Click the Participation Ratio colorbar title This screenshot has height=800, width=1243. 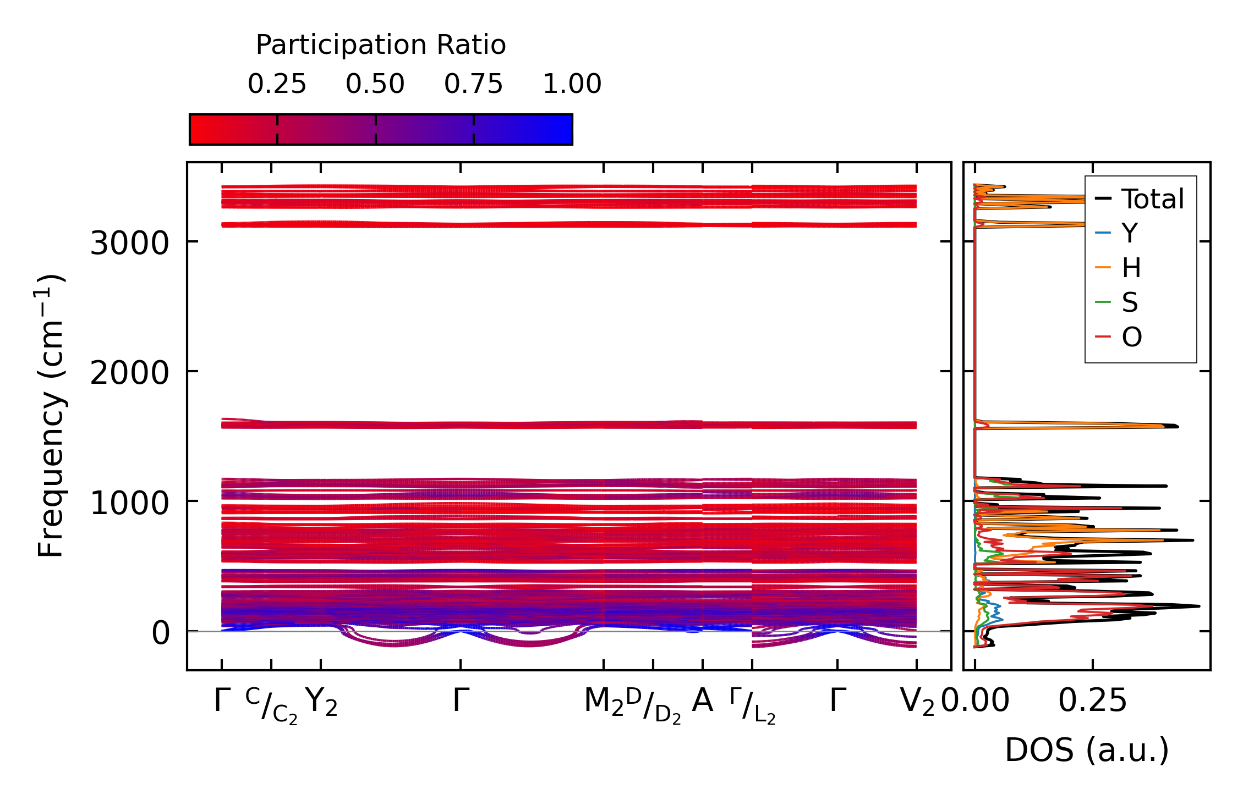click(x=381, y=45)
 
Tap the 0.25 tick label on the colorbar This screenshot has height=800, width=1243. click(x=277, y=84)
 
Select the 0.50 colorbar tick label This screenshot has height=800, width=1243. click(x=375, y=84)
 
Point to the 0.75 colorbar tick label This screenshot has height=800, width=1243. click(x=474, y=84)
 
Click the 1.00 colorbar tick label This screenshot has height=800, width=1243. click(x=572, y=84)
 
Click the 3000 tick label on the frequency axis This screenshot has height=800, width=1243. click(x=129, y=243)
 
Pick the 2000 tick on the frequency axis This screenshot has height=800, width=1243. click(x=129, y=373)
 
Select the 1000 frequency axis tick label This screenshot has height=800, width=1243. click(x=129, y=503)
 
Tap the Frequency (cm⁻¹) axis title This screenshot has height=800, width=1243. click(x=51, y=416)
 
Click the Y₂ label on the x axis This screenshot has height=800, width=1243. click(x=321, y=702)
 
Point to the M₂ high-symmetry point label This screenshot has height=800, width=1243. click(x=604, y=702)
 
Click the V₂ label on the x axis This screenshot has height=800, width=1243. click(x=917, y=702)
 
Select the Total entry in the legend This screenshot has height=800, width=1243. click(x=1152, y=199)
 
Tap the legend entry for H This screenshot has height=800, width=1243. click(x=1131, y=268)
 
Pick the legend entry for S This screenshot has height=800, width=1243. click(x=1130, y=302)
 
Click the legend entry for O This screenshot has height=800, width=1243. click(x=1132, y=337)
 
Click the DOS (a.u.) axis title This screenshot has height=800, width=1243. click(x=1087, y=750)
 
